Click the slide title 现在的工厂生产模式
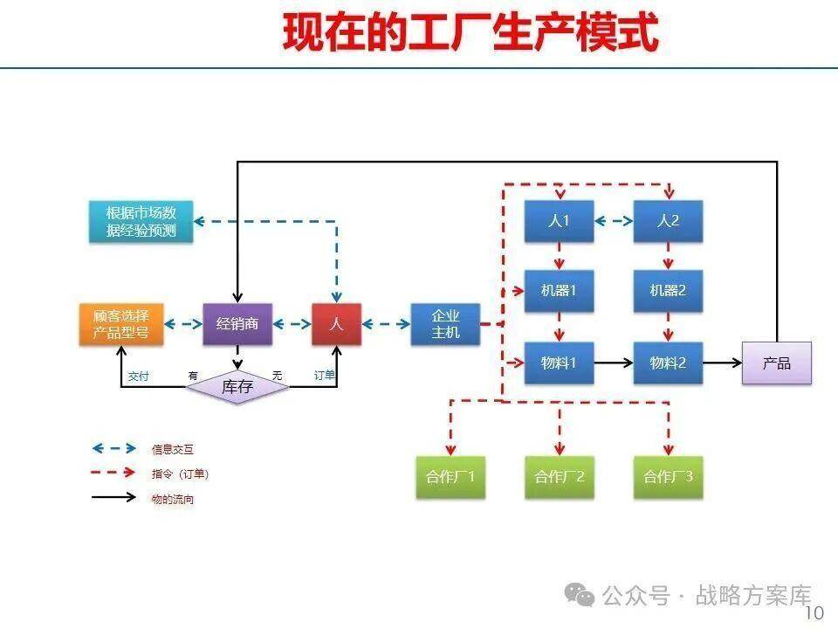point(471,33)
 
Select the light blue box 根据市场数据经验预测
point(141,222)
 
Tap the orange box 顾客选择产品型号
point(121,324)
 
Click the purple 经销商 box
point(237,324)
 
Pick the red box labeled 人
point(337,324)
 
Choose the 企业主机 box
point(446,324)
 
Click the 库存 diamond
point(237,386)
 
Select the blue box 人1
point(559,222)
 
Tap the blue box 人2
point(668,222)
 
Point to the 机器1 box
point(559,291)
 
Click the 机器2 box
point(668,291)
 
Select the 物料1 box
point(559,362)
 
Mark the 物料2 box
point(668,362)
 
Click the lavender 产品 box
point(776,363)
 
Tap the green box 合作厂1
point(450,477)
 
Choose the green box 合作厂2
point(560,477)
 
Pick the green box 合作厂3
point(669,477)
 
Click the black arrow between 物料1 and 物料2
point(614,362)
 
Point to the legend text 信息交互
point(173,449)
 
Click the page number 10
point(814,613)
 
